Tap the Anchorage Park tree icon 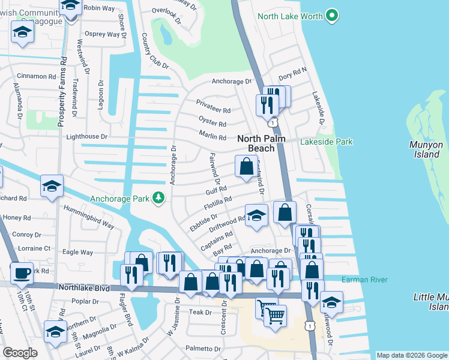click(x=158, y=197)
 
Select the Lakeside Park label click(x=326, y=142)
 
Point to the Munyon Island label click(x=426, y=149)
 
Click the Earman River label click(x=365, y=280)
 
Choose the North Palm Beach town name click(x=264, y=143)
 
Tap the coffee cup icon click(x=23, y=272)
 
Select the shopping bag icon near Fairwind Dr click(x=246, y=166)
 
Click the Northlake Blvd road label click(x=84, y=288)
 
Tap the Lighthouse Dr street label click(x=86, y=137)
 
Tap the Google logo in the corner click(x=20, y=353)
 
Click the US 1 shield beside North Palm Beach click(x=273, y=122)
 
